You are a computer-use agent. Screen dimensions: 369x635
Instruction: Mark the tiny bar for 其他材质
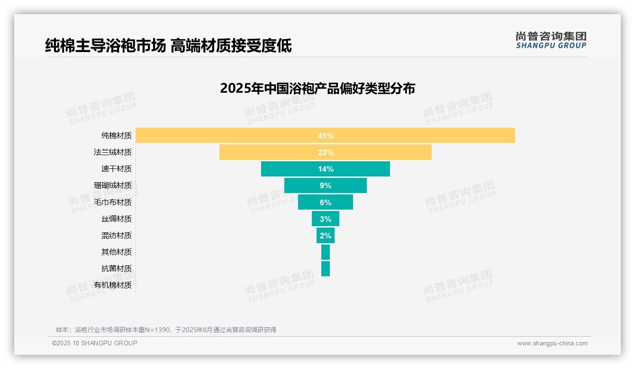[x=326, y=252]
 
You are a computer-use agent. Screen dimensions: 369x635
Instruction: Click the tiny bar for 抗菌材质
[x=326, y=269]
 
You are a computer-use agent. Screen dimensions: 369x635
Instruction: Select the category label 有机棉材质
[x=113, y=285]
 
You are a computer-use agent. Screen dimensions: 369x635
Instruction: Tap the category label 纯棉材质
[x=117, y=136]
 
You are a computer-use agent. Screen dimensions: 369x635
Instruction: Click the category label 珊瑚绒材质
[x=113, y=185]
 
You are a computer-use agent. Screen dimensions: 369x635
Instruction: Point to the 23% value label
[x=326, y=152]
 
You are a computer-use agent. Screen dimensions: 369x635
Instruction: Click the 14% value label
[x=326, y=169]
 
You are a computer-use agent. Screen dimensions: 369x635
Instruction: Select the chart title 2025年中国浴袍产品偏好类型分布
[x=317, y=88]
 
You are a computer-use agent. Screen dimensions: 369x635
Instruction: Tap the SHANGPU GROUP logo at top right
[x=551, y=40]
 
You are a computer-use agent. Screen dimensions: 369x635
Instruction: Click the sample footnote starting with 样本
[x=166, y=330]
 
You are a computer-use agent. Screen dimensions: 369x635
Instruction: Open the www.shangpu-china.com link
[x=552, y=343]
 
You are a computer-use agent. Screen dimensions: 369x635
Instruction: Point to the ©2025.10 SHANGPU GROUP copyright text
[x=95, y=343]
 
